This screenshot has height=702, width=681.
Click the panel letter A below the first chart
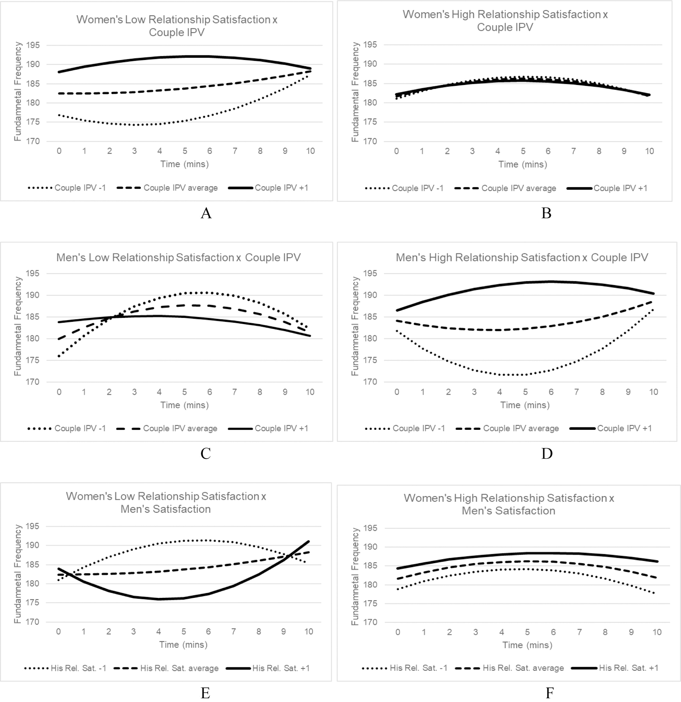pyautogui.click(x=206, y=213)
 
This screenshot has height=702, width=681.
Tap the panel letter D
pyautogui.click(x=547, y=454)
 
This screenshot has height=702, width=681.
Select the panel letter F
pyautogui.click(x=549, y=693)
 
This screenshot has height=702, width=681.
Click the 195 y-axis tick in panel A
pyautogui.click(x=33, y=45)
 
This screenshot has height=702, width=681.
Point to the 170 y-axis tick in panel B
pyautogui.click(x=370, y=141)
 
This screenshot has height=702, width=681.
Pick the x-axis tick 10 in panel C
pyautogui.click(x=310, y=392)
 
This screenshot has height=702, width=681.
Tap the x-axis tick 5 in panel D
pyautogui.click(x=525, y=392)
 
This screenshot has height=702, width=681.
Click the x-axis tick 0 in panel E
pyautogui.click(x=59, y=631)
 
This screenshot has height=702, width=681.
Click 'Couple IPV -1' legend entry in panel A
pyautogui.click(x=80, y=188)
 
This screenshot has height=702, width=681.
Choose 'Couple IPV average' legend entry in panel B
pyautogui.click(x=519, y=188)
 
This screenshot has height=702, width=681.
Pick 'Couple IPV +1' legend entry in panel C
pyautogui.click(x=281, y=428)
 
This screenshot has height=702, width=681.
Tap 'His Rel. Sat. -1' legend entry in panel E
pyautogui.click(x=78, y=668)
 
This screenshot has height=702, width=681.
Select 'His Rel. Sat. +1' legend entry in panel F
pyautogui.click(x=628, y=668)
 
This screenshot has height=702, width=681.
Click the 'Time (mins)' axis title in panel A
pyautogui.click(x=185, y=164)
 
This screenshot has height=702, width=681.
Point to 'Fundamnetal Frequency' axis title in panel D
pyautogui.click(x=355, y=326)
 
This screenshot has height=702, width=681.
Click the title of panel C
pyautogui.click(x=178, y=257)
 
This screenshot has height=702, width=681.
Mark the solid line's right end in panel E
pyautogui.click(x=309, y=541)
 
